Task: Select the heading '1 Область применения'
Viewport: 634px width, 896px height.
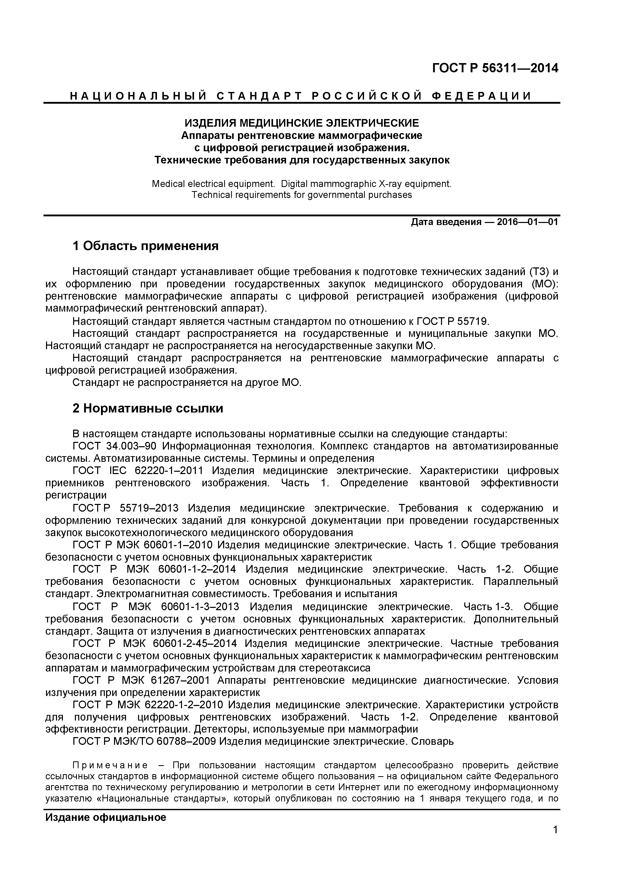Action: (x=145, y=246)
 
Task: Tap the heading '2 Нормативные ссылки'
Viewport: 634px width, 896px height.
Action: (x=148, y=409)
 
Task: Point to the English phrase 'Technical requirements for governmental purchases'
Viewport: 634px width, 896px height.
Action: (x=302, y=195)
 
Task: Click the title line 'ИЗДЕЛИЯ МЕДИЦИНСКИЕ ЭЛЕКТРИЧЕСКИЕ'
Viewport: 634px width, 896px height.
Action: (x=302, y=123)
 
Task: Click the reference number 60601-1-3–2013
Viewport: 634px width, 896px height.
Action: (x=200, y=607)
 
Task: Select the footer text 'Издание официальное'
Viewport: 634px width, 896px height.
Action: (x=106, y=818)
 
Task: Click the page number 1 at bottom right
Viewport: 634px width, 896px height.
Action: (x=556, y=841)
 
